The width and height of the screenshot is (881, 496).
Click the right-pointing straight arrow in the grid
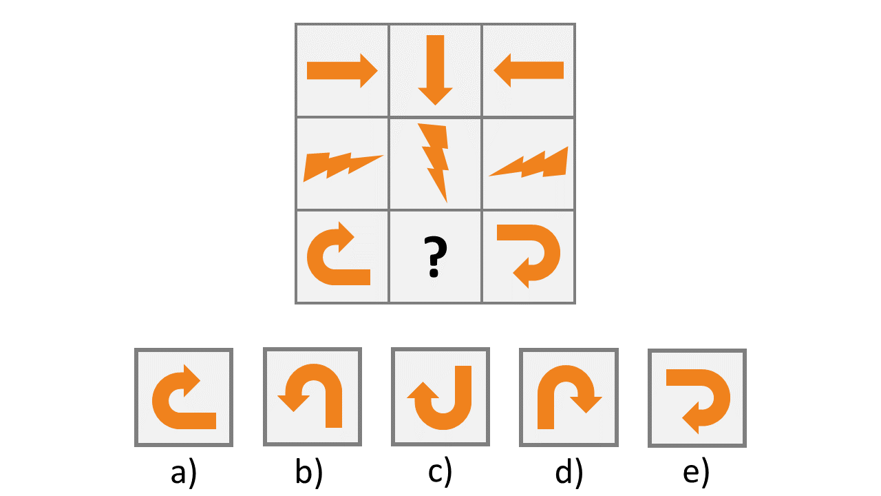coord(341,70)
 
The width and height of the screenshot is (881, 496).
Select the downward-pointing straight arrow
coord(435,69)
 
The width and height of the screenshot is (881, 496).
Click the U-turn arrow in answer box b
coord(312,397)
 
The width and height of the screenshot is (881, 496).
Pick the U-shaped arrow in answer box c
coord(440,398)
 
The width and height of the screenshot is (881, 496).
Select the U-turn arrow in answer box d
coord(567,397)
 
